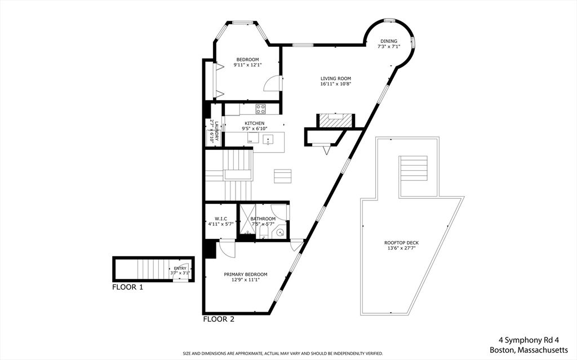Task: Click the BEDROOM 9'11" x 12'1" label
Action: (247, 62)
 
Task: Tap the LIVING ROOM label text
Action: (336, 78)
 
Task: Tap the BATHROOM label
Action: (263, 219)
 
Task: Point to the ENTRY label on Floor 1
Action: (180, 268)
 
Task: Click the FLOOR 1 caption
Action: (127, 287)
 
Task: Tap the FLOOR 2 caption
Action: (219, 319)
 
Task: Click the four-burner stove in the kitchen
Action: (261, 109)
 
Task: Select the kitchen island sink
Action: (268, 139)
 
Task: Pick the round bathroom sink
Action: (281, 233)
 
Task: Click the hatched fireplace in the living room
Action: (336, 121)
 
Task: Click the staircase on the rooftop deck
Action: (413, 168)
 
